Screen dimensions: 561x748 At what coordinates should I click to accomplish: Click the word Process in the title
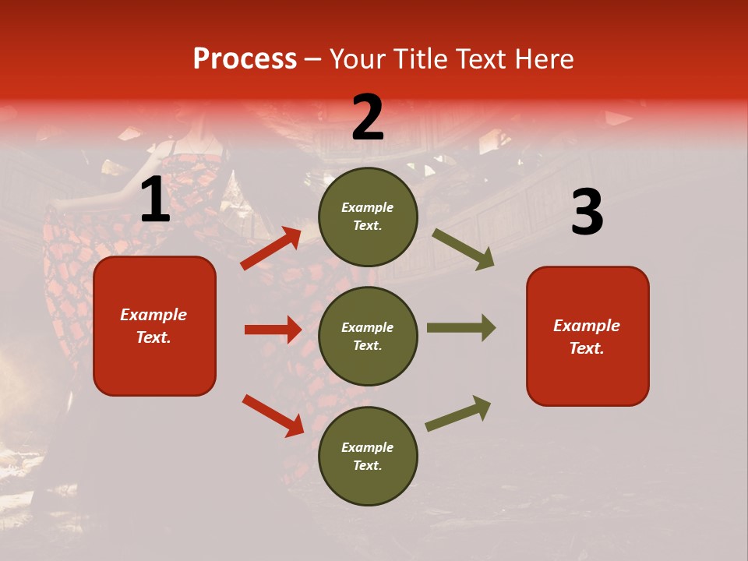(245, 59)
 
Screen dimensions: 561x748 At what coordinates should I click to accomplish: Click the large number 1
(155, 200)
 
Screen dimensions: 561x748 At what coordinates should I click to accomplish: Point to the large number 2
(368, 118)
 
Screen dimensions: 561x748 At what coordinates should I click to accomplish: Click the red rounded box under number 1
(154, 326)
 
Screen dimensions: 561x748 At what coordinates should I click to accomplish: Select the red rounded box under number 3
(587, 337)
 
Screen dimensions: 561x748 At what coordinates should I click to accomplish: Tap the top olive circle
(368, 217)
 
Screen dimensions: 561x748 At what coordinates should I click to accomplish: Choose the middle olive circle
(368, 336)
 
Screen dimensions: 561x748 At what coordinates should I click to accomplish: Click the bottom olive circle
(368, 456)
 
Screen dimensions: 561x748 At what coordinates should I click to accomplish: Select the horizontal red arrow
(273, 330)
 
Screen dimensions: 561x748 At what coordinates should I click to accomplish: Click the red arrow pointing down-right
(273, 415)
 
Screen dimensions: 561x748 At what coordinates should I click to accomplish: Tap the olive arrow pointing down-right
(464, 249)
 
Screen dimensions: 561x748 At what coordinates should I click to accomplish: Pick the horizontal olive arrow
(461, 328)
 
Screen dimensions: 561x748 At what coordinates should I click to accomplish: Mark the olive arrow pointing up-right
(458, 413)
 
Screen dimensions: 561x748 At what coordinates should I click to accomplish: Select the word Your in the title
(358, 59)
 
